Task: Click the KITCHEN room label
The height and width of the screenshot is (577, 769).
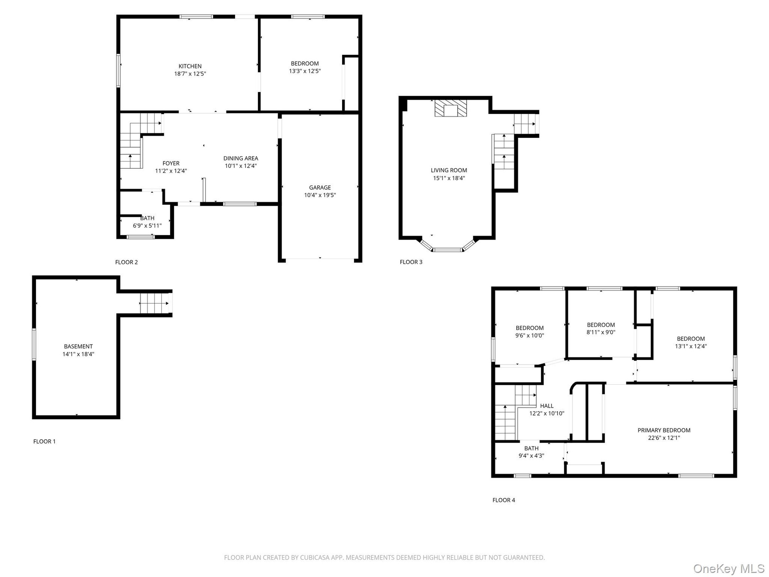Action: pos(190,66)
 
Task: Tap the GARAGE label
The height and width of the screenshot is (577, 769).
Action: pos(320,188)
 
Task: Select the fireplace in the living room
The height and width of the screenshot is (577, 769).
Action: pos(451,108)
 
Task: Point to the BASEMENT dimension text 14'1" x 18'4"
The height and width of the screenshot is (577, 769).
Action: pos(78,354)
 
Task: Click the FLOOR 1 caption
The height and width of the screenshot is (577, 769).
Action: pos(44,442)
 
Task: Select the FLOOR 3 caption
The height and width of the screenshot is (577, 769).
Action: pos(411,262)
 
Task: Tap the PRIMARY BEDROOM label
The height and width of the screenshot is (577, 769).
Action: pos(664,430)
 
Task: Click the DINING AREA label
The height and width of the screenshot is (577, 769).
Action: pos(241,158)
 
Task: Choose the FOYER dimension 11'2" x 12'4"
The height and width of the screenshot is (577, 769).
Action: pos(171,171)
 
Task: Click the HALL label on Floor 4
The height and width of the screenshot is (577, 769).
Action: pos(547,406)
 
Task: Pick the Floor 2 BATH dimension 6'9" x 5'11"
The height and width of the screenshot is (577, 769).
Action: pos(147,226)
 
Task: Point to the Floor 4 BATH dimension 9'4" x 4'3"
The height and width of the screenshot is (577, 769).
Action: pos(531,456)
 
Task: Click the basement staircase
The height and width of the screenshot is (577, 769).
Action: pos(154,303)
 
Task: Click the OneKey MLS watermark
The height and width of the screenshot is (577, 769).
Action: pos(729,569)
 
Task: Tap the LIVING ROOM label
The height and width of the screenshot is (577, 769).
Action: pos(449,170)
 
